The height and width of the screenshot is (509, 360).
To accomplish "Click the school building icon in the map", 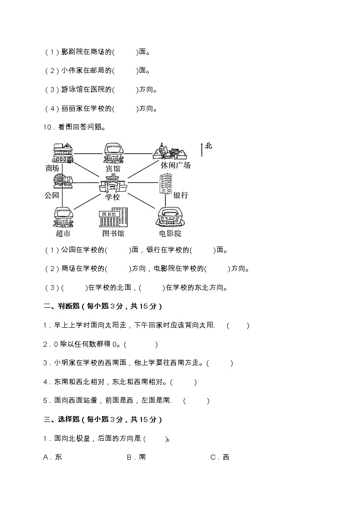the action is pyautogui.click(x=113, y=184).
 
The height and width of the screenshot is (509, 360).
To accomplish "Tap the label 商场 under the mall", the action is pyautogui.click(x=53, y=168).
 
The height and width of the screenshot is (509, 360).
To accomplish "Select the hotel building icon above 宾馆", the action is pyautogui.click(x=113, y=153).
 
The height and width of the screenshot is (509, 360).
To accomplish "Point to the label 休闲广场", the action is pyautogui.click(x=175, y=165).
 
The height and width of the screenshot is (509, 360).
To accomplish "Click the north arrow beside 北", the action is pyautogui.click(x=201, y=149).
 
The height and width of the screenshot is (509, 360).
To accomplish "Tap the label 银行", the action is pyautogui.click(x=180, y=195).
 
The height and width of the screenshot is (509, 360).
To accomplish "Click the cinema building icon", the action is pyautogui.click(x=170, y=217).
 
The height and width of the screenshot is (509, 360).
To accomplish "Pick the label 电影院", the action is pyautogui.click(x=170, y=234).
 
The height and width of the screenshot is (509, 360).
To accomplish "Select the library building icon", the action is pyautogui.click(x=113, y=218).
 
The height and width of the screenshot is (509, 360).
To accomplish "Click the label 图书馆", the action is pyautogui.click(x=113, y=234).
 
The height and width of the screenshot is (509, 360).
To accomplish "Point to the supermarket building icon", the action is pyautogui.click(x=63, y=217).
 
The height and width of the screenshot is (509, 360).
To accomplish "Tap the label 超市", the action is pyautogui.click(x=63, y=234).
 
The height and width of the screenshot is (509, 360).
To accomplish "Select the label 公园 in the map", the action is pyautogui.click(x=52, y=195).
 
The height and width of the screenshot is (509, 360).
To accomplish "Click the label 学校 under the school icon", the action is pyautogui.click(x=112, y=197).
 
